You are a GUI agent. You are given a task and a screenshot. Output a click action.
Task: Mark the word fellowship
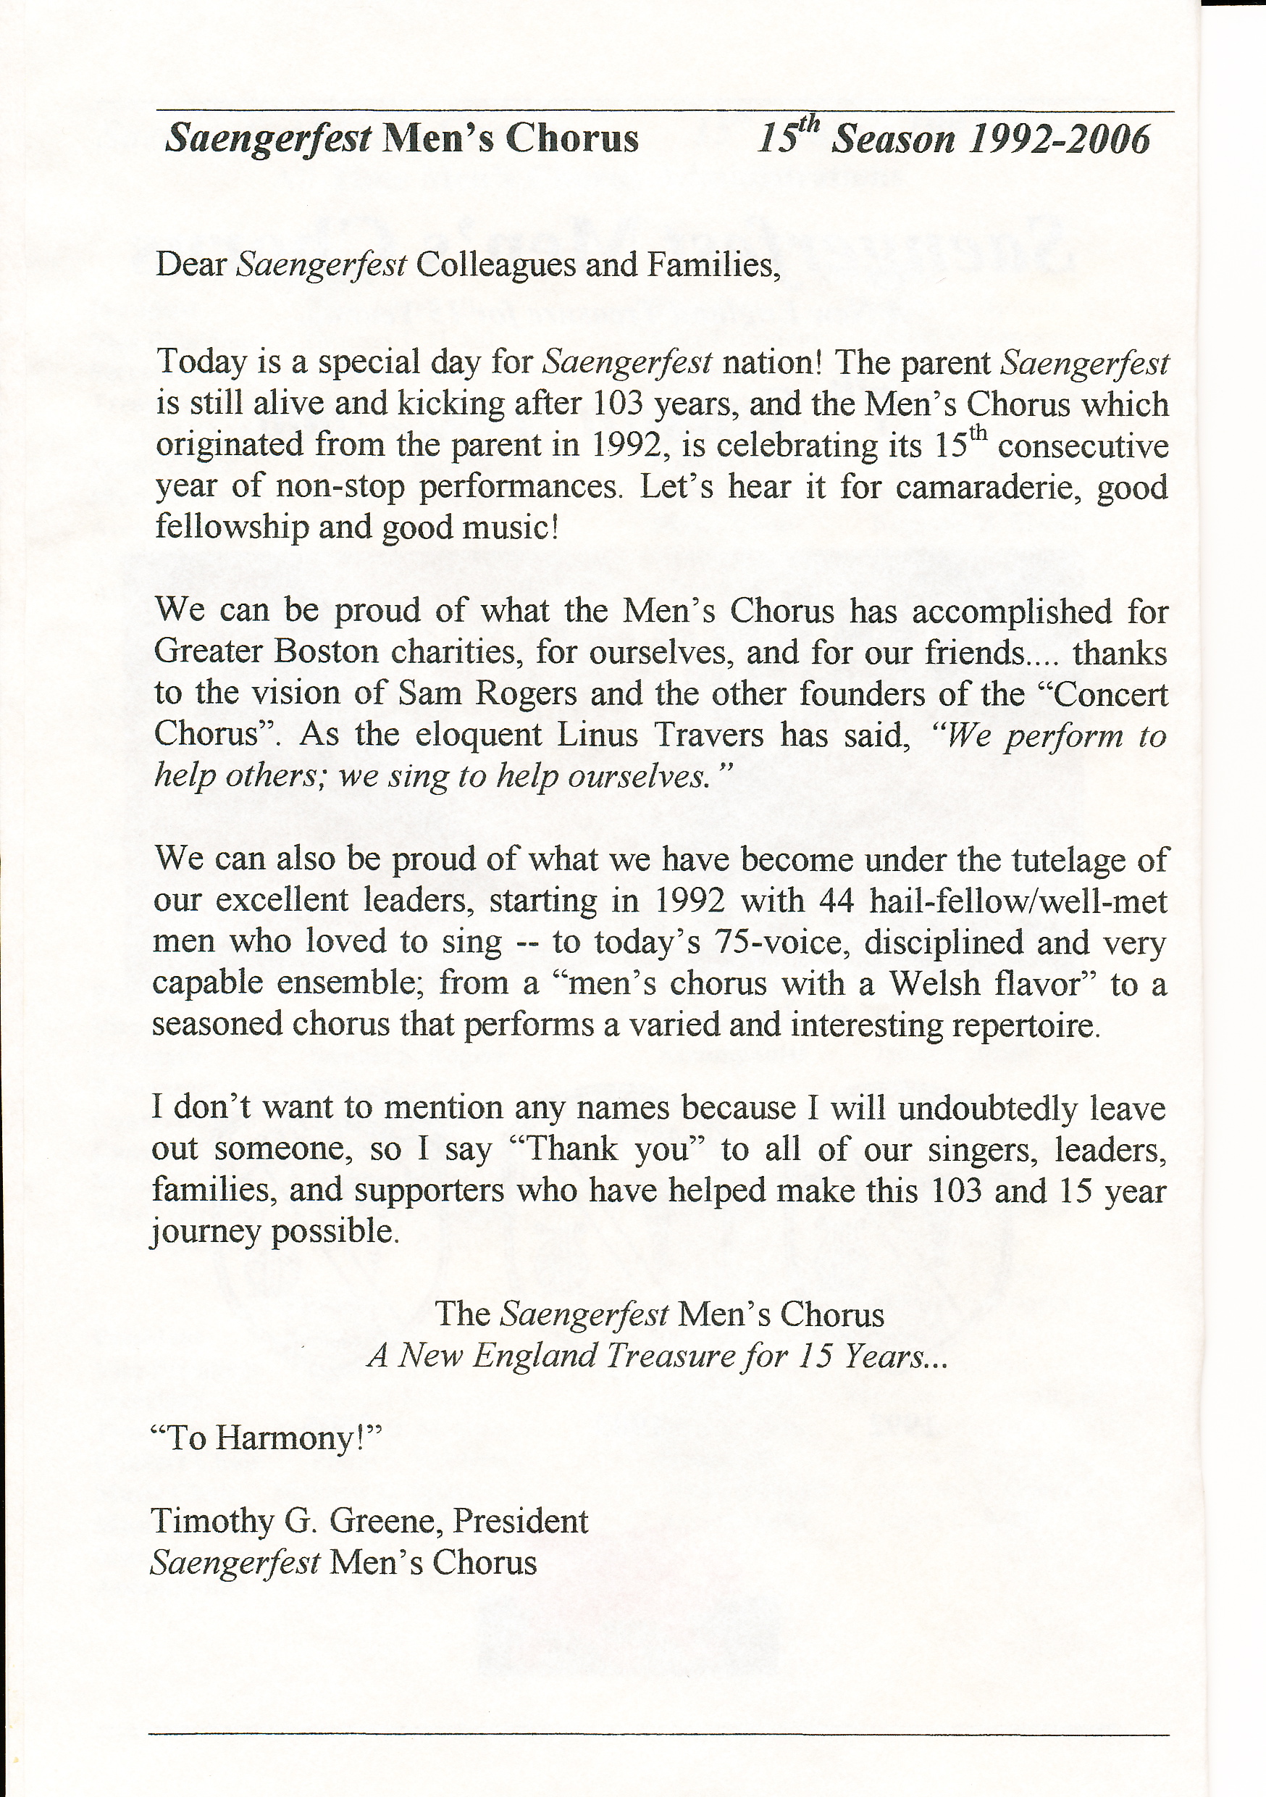(x=230, y=527)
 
